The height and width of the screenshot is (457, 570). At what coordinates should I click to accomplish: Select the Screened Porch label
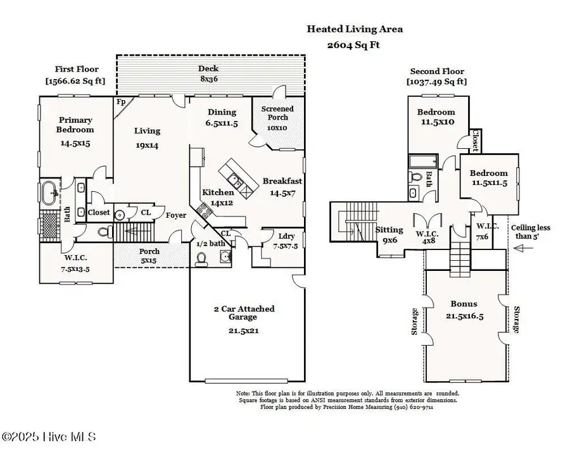[277, 118]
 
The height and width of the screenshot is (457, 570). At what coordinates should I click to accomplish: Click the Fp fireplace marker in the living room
[120, 101]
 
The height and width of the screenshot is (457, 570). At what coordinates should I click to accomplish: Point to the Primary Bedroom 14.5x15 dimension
[75, 144]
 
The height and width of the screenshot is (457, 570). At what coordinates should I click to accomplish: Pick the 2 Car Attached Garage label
[244, 313]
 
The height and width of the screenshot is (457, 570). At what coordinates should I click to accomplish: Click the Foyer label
[176, 215]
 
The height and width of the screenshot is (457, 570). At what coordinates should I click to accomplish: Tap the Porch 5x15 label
[149, 256]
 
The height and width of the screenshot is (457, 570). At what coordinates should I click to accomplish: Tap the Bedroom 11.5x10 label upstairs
[436, 117]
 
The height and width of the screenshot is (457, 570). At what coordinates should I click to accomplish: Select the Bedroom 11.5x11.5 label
[488, 178]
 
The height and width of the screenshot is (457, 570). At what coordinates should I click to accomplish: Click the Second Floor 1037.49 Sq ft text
[437, 77]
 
